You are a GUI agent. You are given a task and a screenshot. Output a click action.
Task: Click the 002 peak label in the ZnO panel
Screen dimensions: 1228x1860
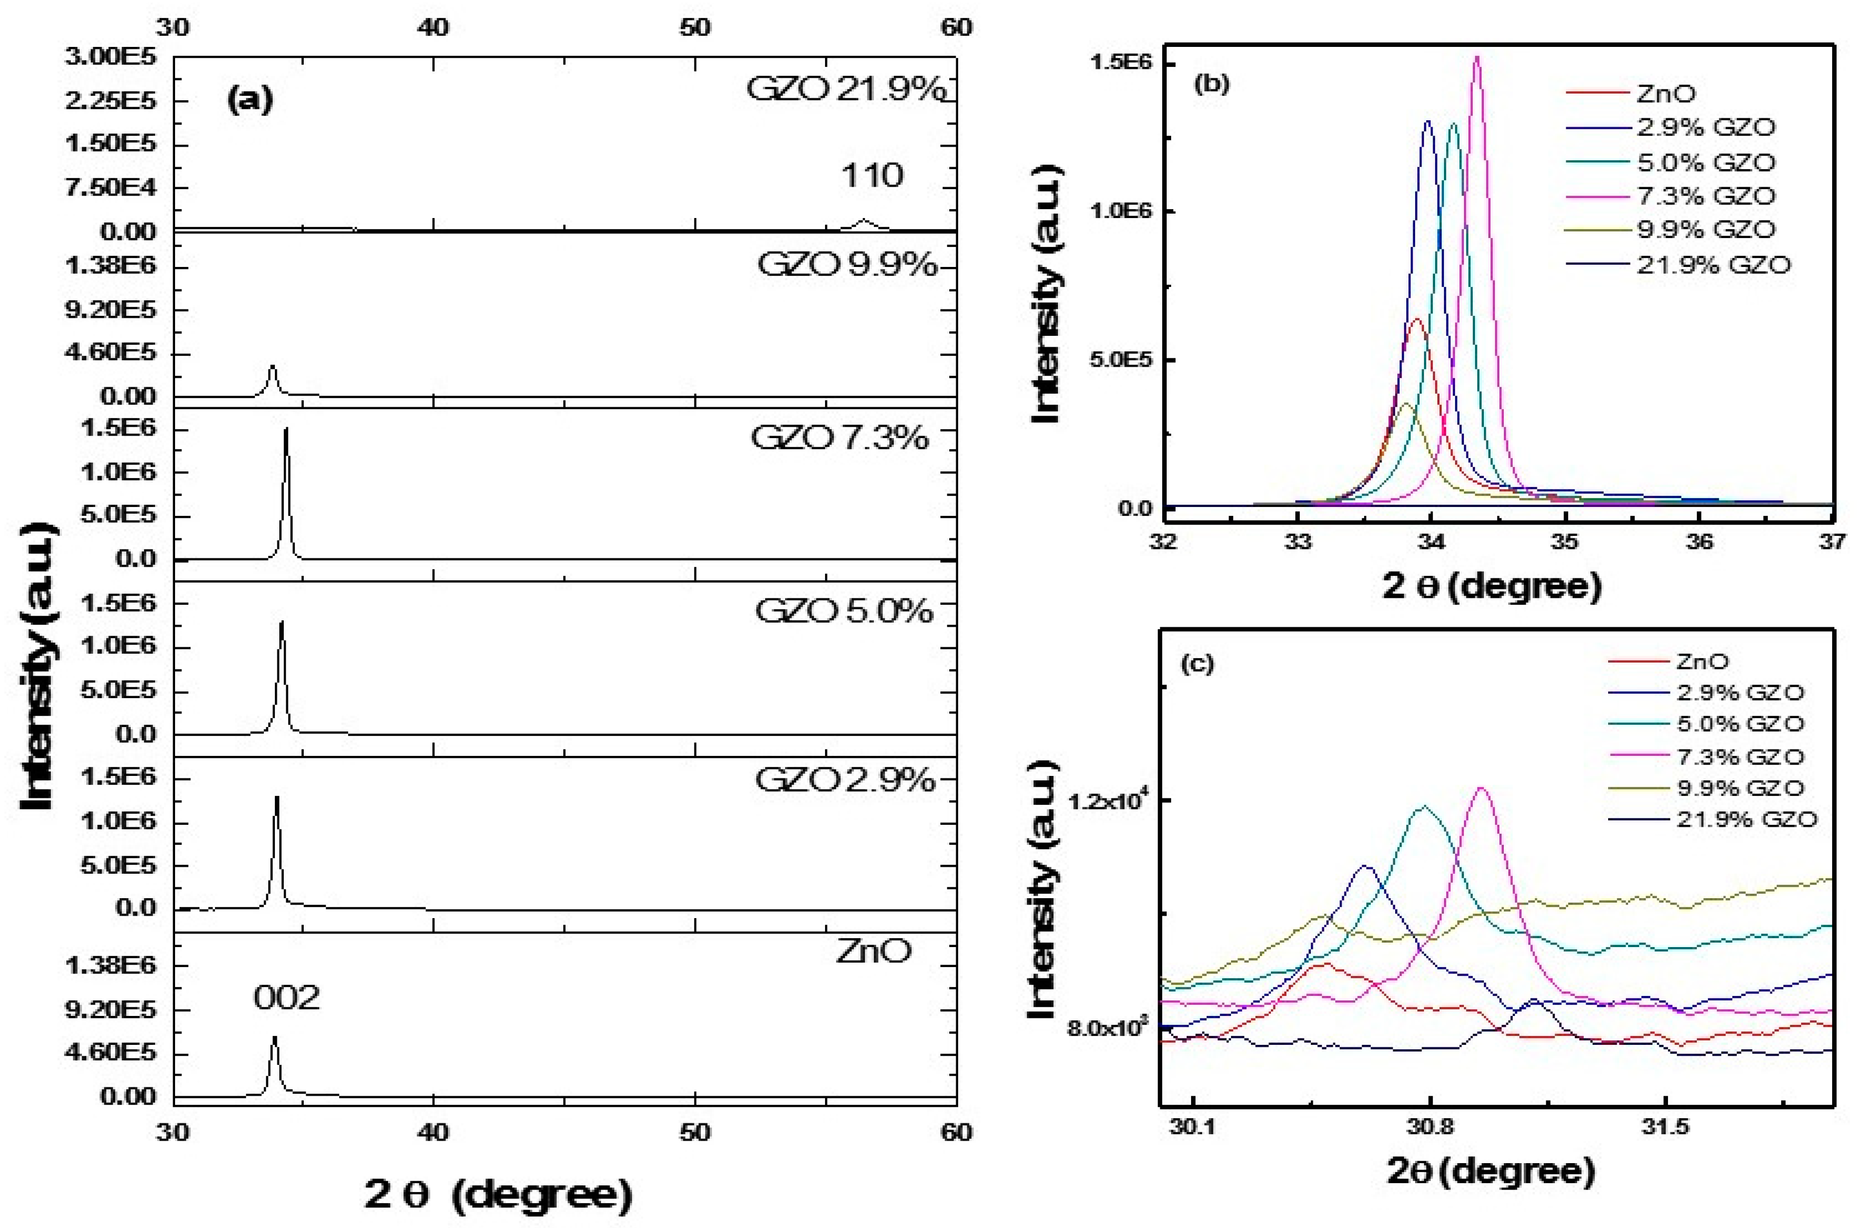[286, 998]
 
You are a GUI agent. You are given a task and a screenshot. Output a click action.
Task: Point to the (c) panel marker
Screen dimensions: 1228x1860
[1197, 663]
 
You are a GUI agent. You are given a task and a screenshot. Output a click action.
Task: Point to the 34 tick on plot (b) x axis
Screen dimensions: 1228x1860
[1431, 541]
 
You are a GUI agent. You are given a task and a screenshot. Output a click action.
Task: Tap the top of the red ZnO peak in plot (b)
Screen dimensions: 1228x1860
[1416, 319]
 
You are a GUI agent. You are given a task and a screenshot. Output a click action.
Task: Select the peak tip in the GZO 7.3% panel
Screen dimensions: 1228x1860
[286, 429]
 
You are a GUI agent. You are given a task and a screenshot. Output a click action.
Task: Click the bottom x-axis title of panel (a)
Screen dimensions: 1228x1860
[498, 1195]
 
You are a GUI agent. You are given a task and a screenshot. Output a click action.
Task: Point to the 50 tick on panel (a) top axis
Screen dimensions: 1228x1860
[694, 27]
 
